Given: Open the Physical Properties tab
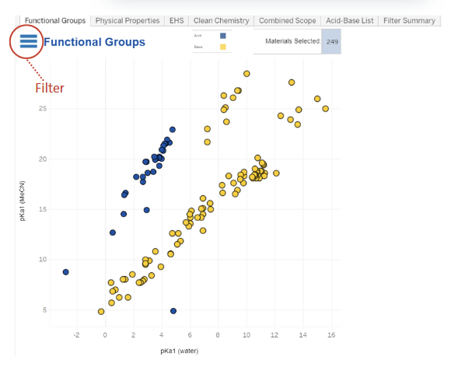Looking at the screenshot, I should (x=128, y=21).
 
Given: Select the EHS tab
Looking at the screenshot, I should (x=177, y=21).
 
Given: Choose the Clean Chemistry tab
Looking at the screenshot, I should (x=221, y=21).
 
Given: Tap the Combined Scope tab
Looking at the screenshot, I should (x=287, y=21).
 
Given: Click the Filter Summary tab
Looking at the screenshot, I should (x=407, y=21).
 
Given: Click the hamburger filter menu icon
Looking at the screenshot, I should (x=29, y=41).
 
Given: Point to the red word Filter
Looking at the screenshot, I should (x=50, y=89).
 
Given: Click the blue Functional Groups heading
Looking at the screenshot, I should (x=94, y=42).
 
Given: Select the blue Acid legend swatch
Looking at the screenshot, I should (x=223, y=36).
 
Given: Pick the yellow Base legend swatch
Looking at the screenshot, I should (x=223, y=47).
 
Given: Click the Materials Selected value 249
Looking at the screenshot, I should (x=332, y=41).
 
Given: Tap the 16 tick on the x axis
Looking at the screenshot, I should (x=331, y=335).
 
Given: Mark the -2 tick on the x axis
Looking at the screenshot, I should (x=76, y=335).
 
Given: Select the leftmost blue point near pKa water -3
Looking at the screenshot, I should (x=66, y=272).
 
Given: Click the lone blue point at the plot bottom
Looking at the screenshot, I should (x=173, y=311).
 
